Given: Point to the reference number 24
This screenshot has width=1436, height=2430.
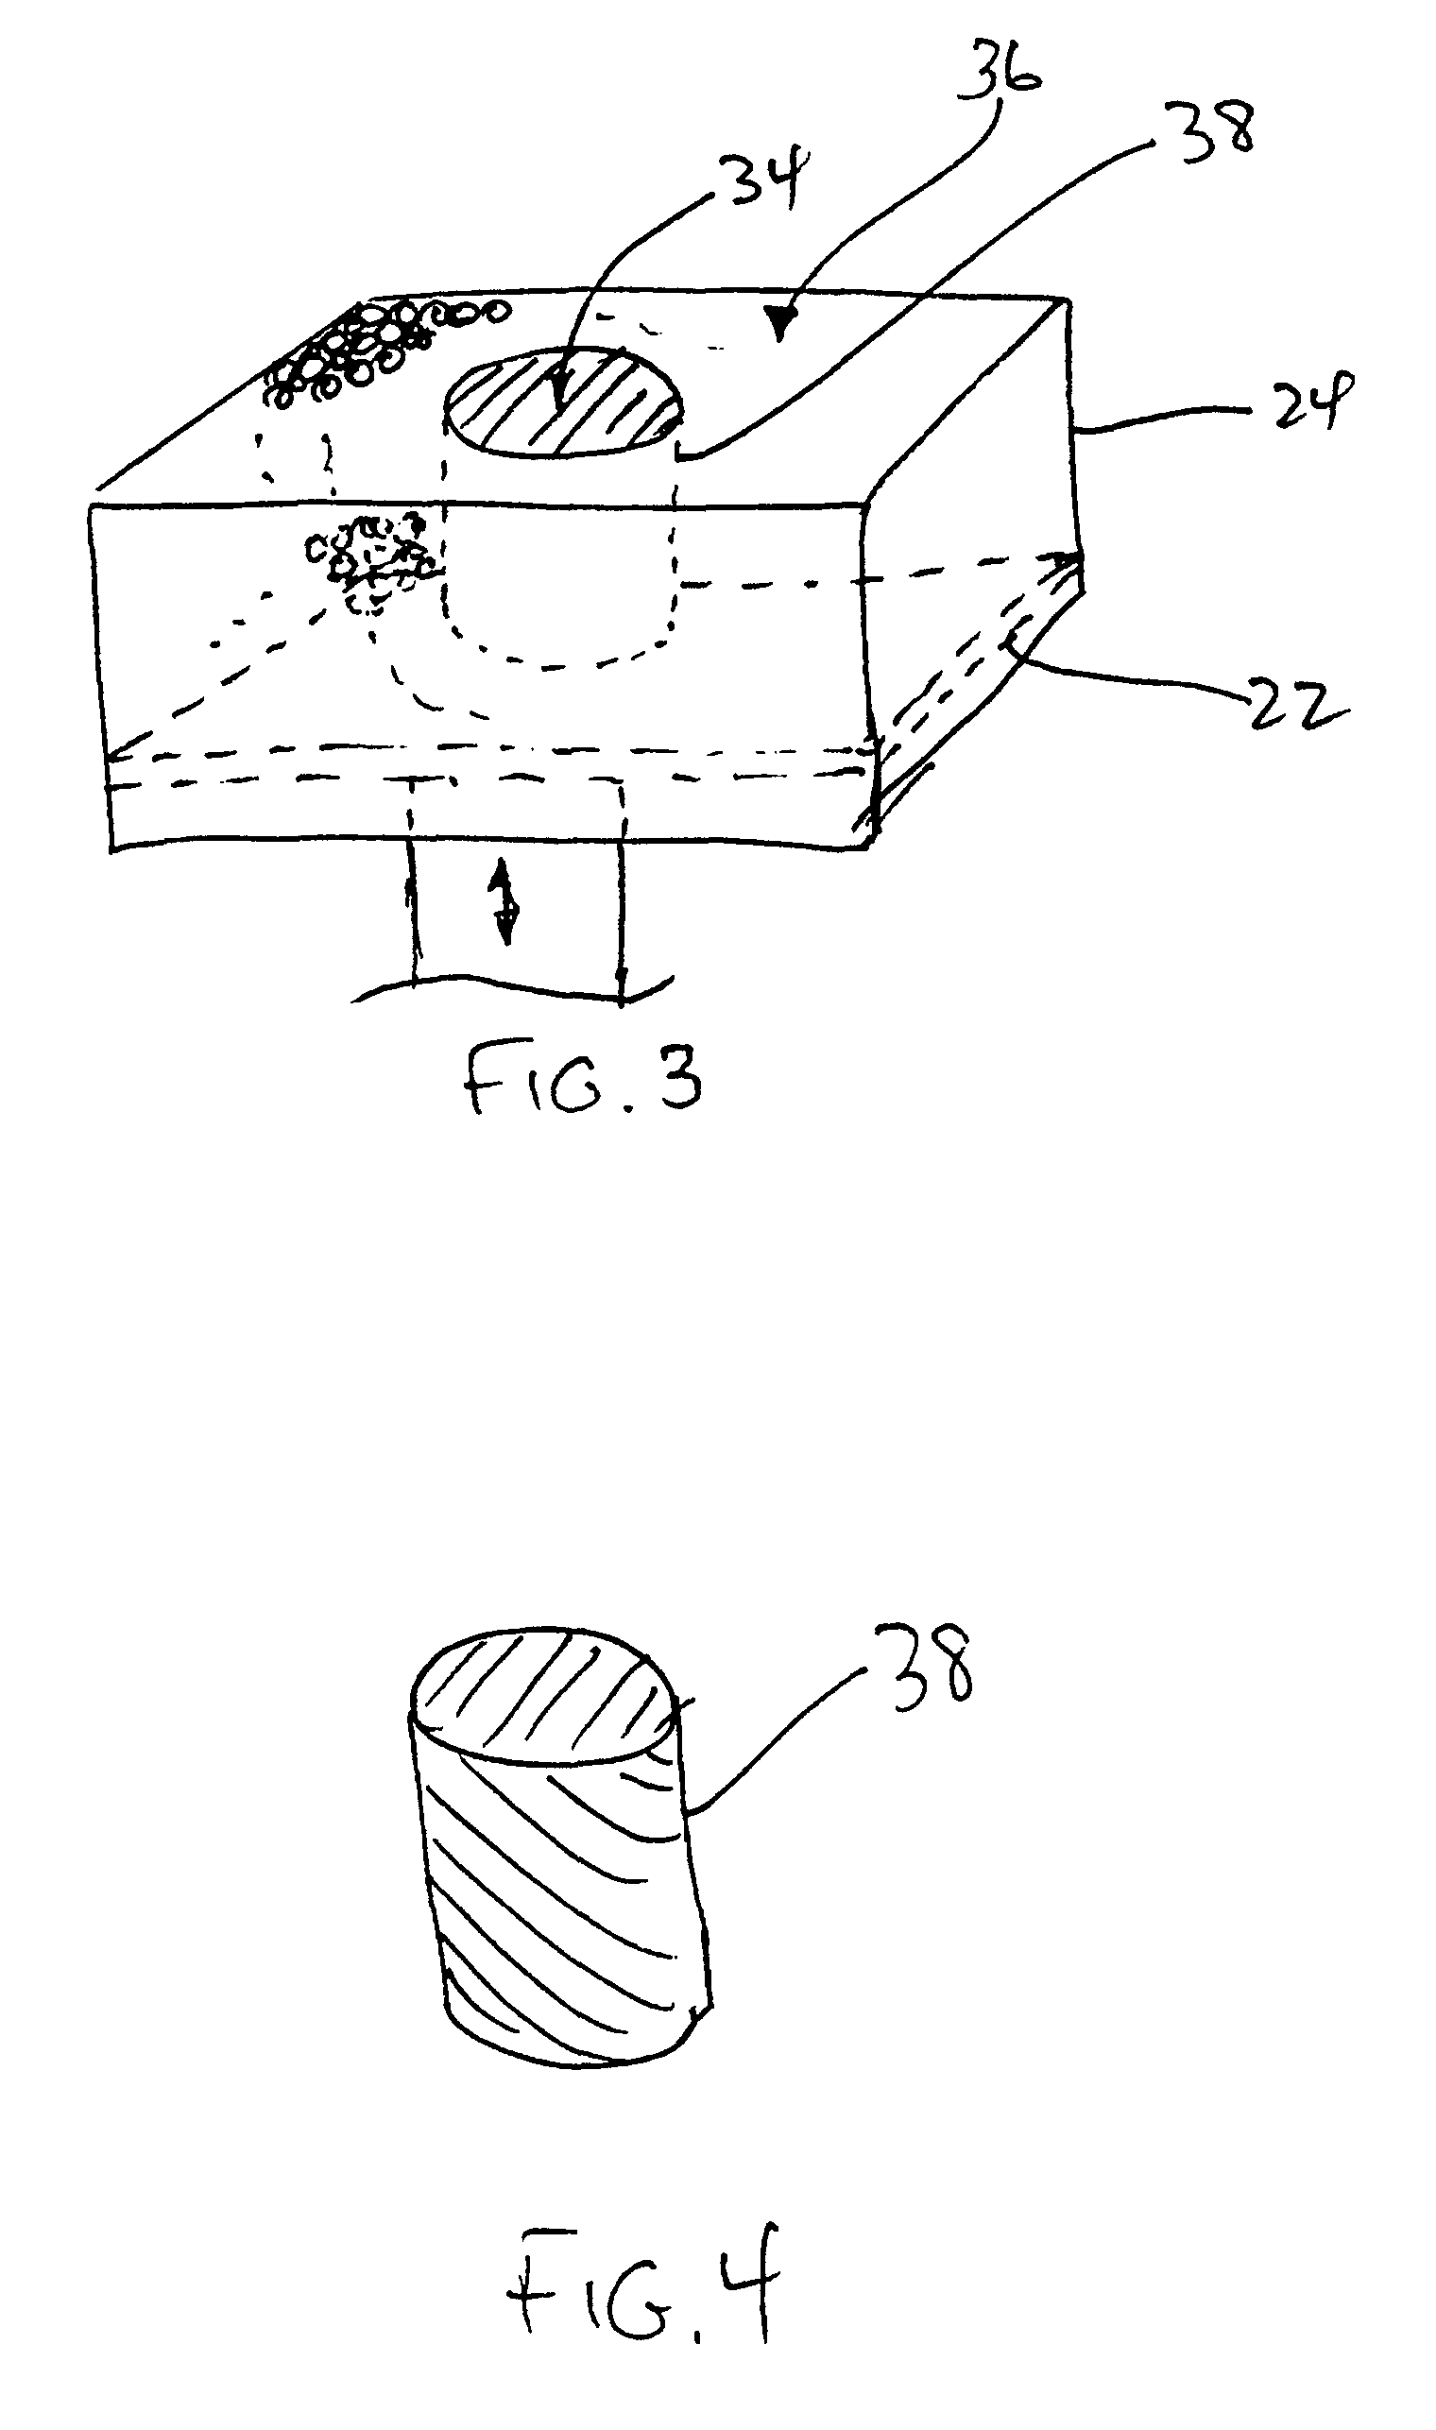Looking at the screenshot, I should click(1302, 400).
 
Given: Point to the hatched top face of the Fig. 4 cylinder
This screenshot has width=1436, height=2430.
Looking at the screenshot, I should click(542, 1697).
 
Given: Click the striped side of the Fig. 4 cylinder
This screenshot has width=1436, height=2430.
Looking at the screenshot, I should click(566, 1897).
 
